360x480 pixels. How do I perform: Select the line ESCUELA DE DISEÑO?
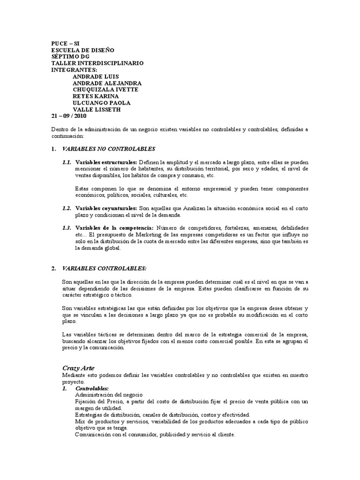coord(82,50)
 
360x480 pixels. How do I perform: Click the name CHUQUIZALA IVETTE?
coord(105,90)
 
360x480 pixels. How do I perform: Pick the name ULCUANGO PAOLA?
coord(102,103)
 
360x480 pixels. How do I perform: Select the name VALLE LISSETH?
coord(97,110)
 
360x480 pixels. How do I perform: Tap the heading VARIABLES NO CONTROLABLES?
coord(109,149)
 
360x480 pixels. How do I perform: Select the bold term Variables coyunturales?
coord(106,208)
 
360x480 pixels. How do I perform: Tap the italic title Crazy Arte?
coord(79,368)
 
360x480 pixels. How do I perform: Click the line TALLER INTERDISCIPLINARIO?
coord(97,63)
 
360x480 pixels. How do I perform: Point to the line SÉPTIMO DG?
coord(70,56)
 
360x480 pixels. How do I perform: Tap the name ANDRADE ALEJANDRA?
coord(111,83)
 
